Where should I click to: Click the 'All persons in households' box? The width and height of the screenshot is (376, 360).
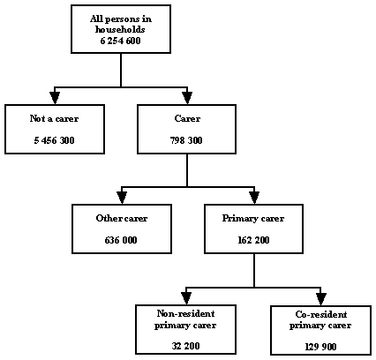click(121, 32)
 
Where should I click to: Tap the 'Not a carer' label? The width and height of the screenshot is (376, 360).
click(54, 117)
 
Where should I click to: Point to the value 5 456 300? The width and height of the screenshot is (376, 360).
click(54, 140)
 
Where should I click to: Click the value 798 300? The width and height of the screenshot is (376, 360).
click(187, 140)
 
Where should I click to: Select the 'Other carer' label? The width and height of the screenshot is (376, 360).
click(121, 217)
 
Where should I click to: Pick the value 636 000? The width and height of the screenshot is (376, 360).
click(121, 240)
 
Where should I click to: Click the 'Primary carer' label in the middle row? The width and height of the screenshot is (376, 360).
click(254, 217)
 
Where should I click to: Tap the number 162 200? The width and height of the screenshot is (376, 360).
click(254, 240)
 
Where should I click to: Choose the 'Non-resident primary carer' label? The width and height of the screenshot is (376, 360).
click(187, 319)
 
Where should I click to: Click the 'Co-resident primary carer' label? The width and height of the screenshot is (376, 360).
click(320, 319)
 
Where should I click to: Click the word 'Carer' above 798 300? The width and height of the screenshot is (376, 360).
click(187, 117)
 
